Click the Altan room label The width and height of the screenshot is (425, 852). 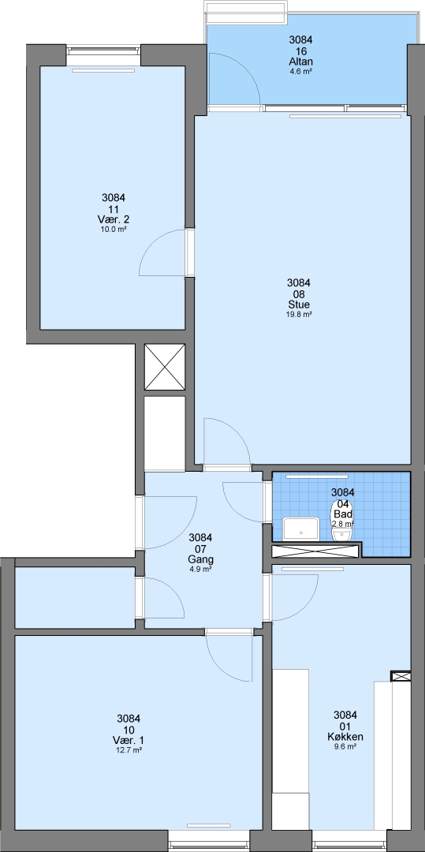point(300,62)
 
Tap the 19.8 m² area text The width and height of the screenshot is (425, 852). point(299,314)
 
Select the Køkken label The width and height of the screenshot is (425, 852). point(345,737)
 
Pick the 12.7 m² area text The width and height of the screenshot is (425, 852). point(129,750)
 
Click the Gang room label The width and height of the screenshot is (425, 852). point(200,559)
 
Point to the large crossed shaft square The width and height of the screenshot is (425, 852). point(165,367)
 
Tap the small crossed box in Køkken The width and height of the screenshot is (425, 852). point(401,676)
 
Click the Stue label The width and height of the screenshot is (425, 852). point(299,304)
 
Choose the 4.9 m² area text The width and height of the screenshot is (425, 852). point(200,569)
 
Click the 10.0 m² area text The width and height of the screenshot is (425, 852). point(114,230)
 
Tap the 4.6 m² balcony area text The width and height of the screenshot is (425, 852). point(300,71)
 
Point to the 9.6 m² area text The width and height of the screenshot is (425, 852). point(345,746)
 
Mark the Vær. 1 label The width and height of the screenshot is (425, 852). point(129,740)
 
